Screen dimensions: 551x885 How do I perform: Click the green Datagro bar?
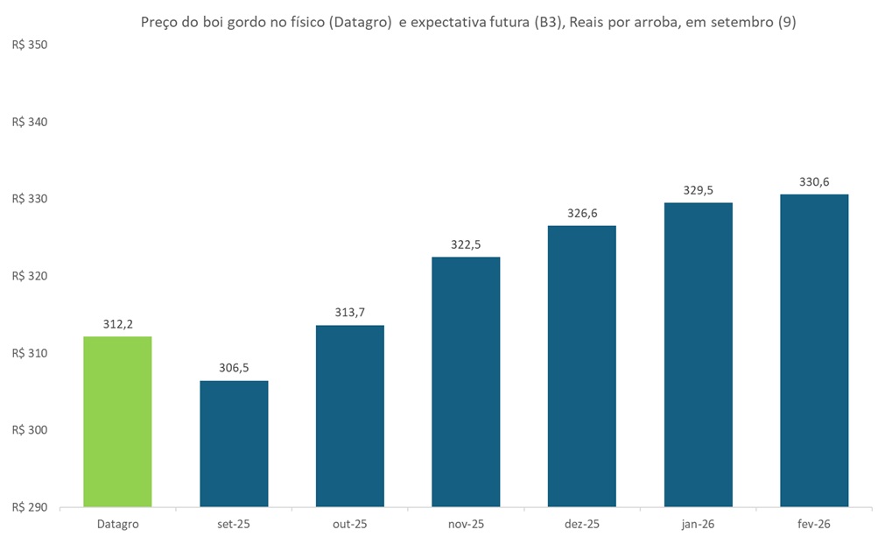(117, 421)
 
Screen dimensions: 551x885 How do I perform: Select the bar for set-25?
(234, 443)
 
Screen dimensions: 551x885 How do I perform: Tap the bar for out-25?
(350, 416)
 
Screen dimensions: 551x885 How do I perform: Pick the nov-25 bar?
(466, 382)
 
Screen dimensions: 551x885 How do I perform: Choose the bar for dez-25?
(582, 366)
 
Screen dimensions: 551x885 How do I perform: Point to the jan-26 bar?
(699, 355)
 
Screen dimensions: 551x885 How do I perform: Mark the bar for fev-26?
(814, 350)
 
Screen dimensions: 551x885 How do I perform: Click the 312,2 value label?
(117, 324)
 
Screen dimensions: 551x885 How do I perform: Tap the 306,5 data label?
(234, 368)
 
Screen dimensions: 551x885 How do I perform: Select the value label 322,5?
(466, 244)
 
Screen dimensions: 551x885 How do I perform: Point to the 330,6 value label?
(814, 181)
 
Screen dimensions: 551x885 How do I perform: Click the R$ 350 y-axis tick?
(29, 45)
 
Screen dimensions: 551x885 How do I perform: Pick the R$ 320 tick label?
(29, 276)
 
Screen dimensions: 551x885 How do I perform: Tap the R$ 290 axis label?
(29, 507)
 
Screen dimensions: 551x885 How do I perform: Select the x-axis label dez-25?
(582, 524)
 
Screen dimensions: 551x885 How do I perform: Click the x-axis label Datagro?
(117, 524)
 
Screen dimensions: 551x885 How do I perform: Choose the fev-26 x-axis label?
(814, 524)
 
